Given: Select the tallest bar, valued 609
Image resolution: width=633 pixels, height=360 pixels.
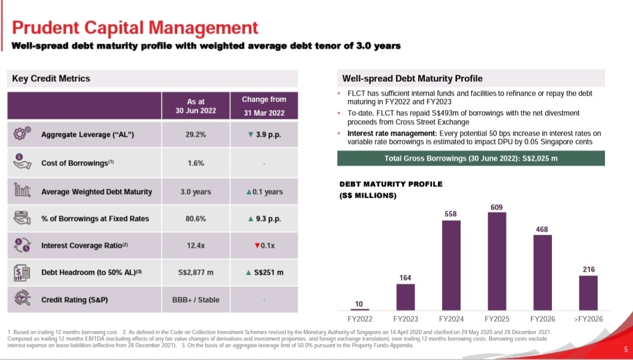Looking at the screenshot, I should (x=497, y=261).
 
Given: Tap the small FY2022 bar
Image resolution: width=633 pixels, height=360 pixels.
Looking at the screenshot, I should (x=359, y=310).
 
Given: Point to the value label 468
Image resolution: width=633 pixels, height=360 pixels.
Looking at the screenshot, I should (x=542, y=229).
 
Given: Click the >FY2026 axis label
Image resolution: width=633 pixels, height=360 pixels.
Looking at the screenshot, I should (x=588, y=319).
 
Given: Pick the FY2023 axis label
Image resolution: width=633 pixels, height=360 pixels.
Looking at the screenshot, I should (x=405, y=319).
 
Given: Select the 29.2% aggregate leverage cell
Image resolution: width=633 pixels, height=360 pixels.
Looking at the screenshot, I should (x=196, y=135).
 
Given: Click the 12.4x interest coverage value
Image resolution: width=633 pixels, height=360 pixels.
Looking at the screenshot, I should (x=196, y=245).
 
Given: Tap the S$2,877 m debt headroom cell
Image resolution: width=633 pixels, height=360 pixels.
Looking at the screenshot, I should (x=196, y=272).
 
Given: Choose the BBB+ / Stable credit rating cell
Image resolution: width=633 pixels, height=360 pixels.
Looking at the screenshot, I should (x=196, y=300).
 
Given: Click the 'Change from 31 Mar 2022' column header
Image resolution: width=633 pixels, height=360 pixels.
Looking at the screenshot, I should (x=264, y=106).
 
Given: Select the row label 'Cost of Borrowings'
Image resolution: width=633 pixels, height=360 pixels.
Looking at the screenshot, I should (x=78, y=163).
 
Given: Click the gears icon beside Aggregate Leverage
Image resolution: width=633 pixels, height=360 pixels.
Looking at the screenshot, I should (x=22, y=134).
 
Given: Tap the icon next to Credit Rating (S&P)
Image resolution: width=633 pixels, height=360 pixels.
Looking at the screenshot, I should (x=22, y=300).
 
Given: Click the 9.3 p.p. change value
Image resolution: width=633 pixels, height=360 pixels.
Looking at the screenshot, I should (x=264, y=219).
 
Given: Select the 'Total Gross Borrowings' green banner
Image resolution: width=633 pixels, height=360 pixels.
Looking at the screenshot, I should (x=471, y=158).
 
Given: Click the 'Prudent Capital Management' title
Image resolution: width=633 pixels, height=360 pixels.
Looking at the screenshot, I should (x=135, y=27).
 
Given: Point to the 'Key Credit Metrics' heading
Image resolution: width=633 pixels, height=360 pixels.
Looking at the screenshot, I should (x=51, y=78).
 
